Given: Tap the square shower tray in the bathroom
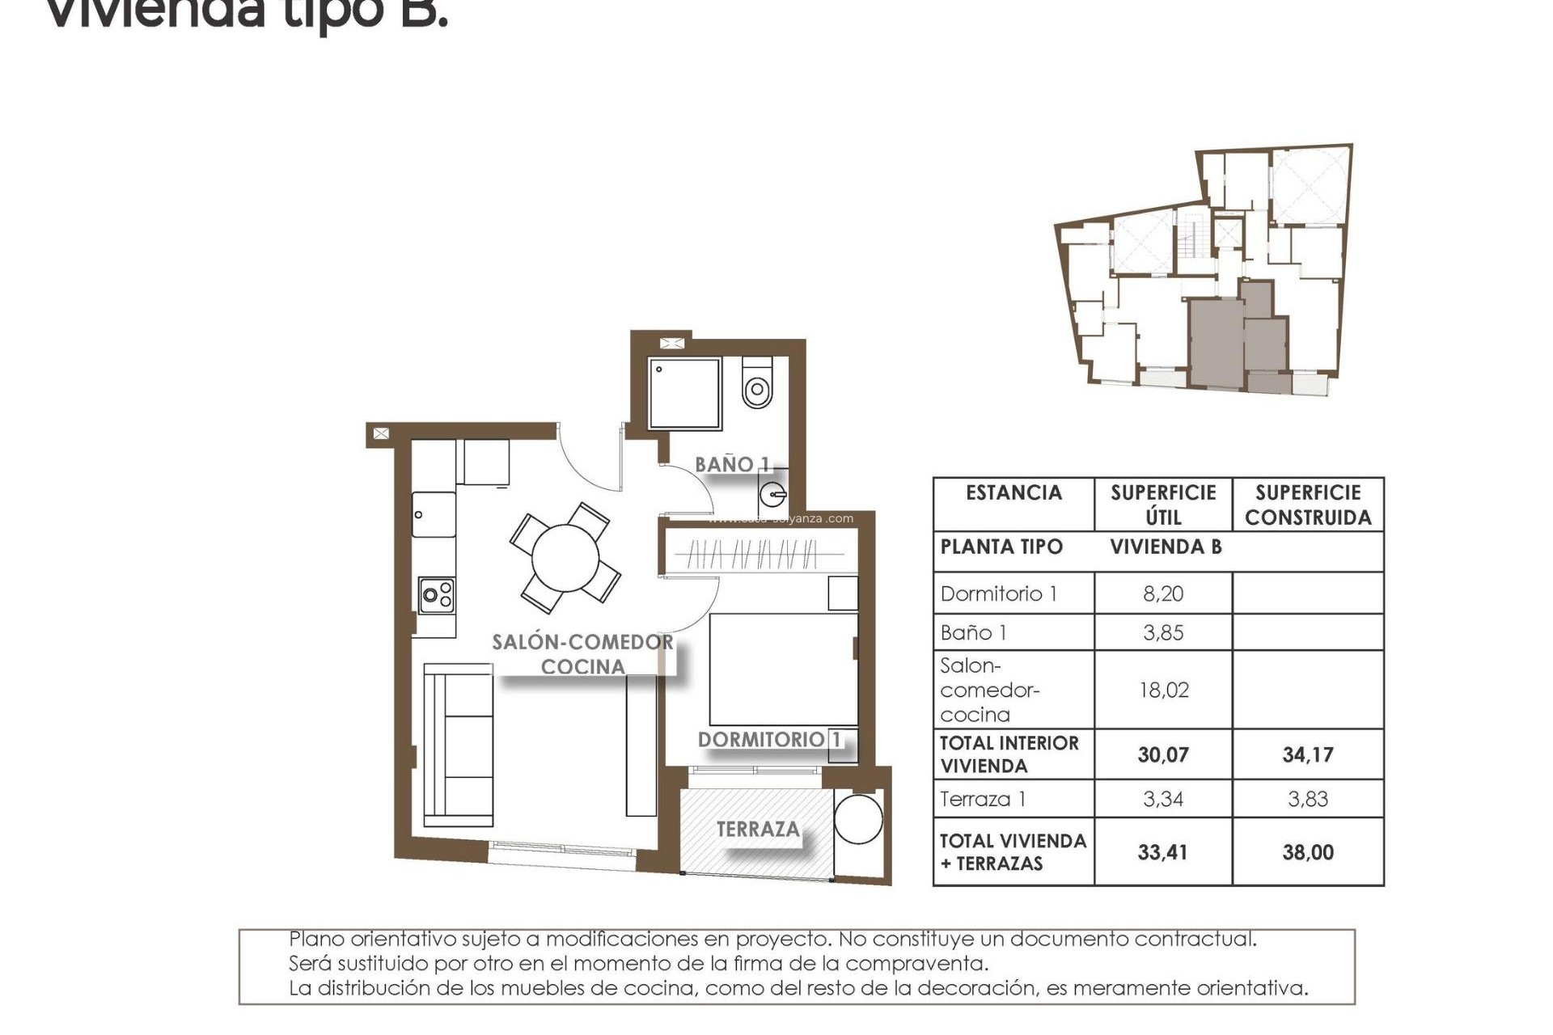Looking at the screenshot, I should (683, 394).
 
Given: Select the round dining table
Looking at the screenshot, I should (565, 558).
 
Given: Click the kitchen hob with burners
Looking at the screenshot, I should (436, 596).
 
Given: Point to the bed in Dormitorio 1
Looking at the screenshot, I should (782, 670).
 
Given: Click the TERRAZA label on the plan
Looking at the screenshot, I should (758, 829).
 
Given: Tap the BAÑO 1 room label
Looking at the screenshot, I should (732, 465).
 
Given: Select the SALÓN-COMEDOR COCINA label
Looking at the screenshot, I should (582, 654).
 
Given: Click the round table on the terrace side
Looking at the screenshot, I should (858, 819).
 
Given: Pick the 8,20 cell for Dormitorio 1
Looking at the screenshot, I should (1162, 594).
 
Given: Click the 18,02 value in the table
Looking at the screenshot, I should (1162, 690).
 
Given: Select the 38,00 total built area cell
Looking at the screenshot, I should (1307, 852).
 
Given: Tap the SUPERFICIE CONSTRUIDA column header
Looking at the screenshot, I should (1307, 505).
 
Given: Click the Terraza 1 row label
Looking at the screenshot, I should (983, 800).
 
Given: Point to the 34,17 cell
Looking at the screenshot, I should (1307, 754).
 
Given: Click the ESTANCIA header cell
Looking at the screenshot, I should (1013, 492).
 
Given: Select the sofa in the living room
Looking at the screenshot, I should (459, 745).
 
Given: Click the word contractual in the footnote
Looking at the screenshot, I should (1195, 940).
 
